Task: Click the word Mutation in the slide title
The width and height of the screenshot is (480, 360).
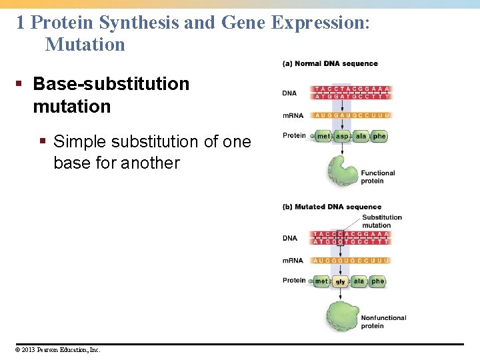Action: (x=85, y=45)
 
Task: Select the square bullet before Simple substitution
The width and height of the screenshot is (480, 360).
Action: (x=42, y=141)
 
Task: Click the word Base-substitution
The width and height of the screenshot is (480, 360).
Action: (x=111, y=84)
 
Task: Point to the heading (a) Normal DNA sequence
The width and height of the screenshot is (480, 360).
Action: (x=331, y=64)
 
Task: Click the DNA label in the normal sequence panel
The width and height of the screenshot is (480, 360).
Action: (x=289, y=93)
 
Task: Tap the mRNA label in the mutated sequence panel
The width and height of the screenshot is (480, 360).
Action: (x=293, y=261)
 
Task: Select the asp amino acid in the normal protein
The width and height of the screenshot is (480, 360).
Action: (x=341, y=137)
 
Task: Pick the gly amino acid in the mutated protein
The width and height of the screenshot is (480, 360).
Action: (x=341, y=282)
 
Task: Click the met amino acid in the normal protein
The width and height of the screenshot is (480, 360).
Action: (x=323, y=137)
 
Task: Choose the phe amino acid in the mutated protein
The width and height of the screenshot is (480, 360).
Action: (x=378, y=281)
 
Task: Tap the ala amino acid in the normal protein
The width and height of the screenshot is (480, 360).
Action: (x=361, y=137)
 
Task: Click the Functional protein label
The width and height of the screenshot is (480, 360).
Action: (x=378, y=177)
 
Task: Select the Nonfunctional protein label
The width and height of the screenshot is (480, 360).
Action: (x=383, y=322)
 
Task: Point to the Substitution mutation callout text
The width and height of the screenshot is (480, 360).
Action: (x=381, y=221)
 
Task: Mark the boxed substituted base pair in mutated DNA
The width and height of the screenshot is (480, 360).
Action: (x=341, y=238)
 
